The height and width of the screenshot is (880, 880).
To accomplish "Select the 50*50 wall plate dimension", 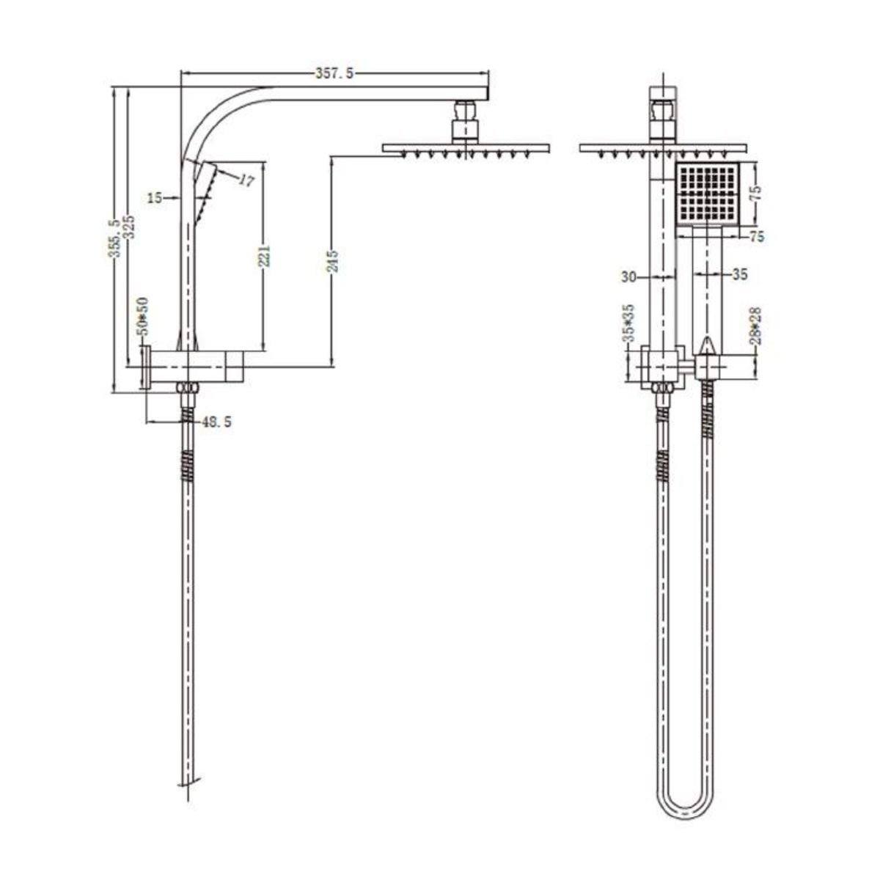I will (x=142, y=313).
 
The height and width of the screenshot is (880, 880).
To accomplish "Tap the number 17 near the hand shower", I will (x=247, y=180).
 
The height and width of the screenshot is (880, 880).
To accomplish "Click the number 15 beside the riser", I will (x=154, y=197).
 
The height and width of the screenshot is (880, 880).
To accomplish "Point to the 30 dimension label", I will (x=628, y=276).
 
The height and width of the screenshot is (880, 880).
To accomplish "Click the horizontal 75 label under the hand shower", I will (x=757, y=236).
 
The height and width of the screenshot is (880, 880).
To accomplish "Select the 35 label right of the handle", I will (x=739, y=274).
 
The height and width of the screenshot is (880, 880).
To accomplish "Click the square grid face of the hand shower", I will (x=707, y=194).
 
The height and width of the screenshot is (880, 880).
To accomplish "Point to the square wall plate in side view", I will (x=146, y=365).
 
